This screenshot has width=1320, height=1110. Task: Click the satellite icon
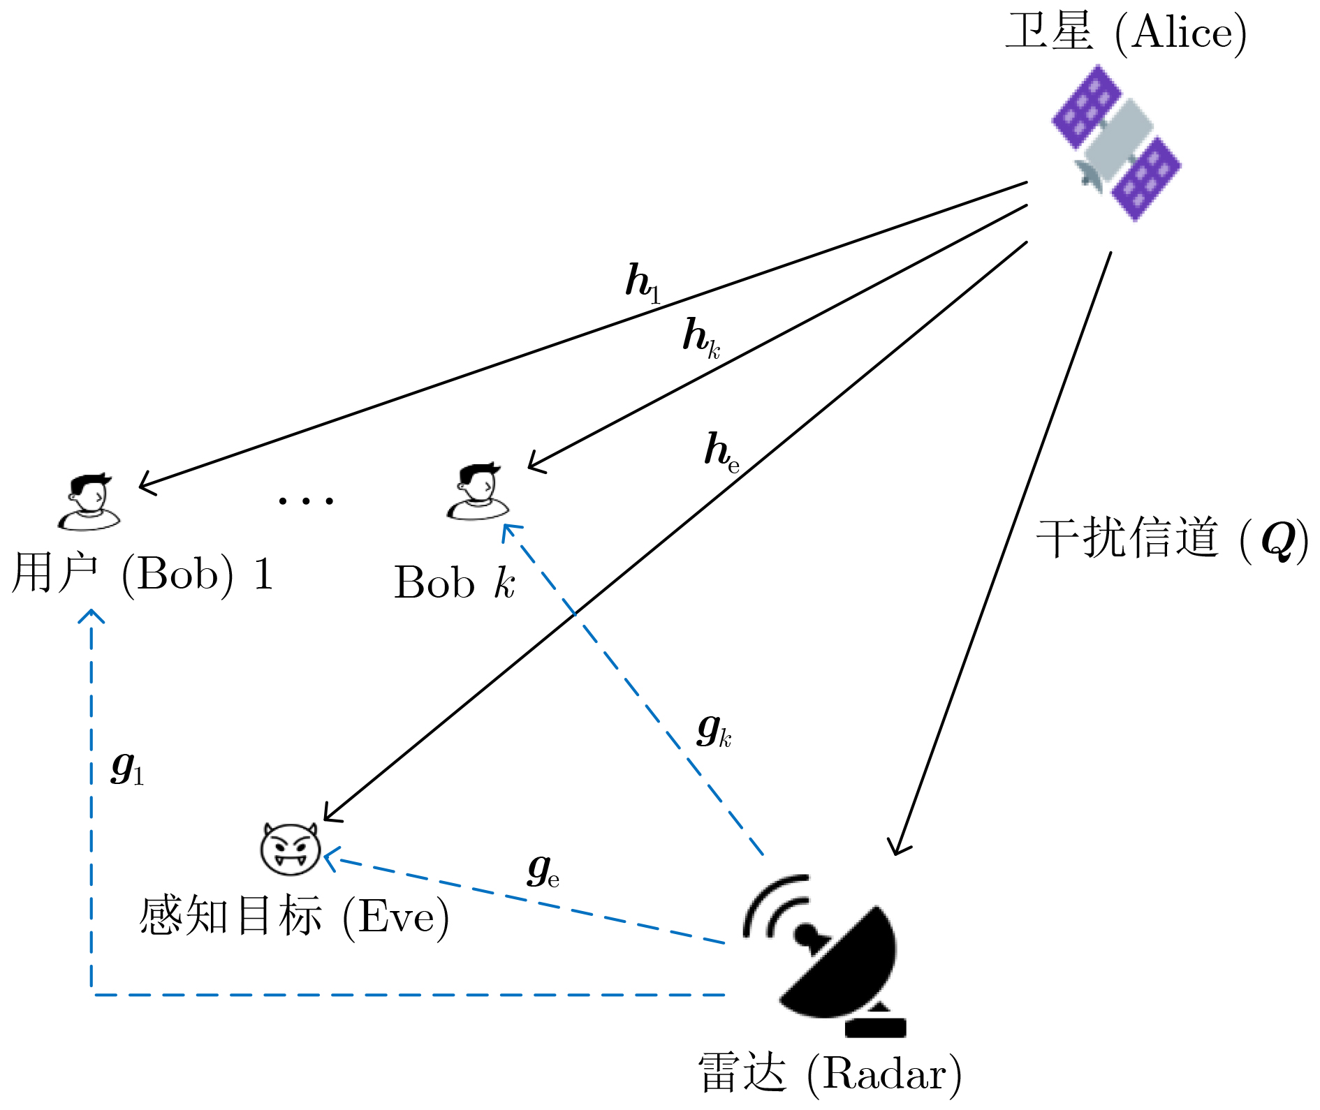(1116, 143)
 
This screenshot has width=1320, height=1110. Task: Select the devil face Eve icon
(290, 848)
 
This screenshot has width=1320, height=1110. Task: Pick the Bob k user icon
(478, 491)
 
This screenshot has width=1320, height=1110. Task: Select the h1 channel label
(642, 282)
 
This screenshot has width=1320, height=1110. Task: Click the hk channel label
(701, 338)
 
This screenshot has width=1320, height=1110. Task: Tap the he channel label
(721, 451)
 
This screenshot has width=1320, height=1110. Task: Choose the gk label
(713, 730)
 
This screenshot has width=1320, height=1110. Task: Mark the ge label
(543, 871)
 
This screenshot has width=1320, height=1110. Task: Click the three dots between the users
(306, 500)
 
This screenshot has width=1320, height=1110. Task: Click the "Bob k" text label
(455, 582)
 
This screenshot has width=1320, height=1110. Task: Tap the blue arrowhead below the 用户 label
(91, 616)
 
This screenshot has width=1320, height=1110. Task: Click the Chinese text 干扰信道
(1127, 538)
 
